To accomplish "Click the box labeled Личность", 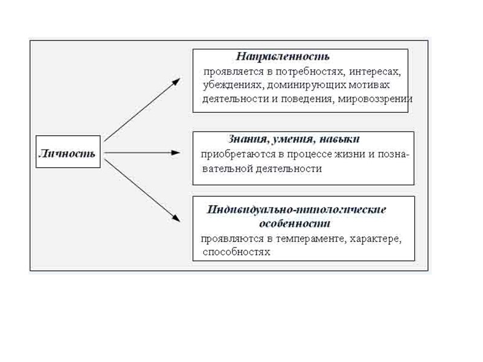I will coord(67,152).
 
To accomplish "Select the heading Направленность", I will coord(283,57).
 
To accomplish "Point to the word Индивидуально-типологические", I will coord(296,209).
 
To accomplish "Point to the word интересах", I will coord(377,71).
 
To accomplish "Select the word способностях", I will coord(237,252).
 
